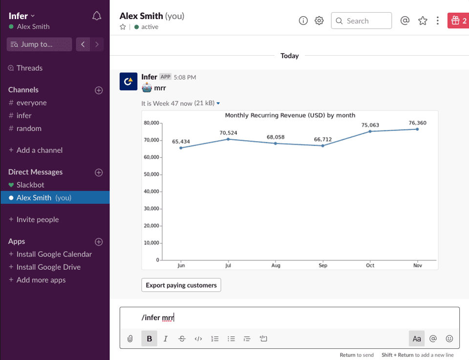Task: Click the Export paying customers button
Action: pyautogui.click(x=181, y=285)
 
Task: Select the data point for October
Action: pyautogui.click(x=370, y=131)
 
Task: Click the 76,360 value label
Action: pyautogui.click(x=417, y=123)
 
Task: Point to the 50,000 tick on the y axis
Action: pyautogui.click(x=151, y=174)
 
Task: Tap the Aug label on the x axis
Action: pyautogui.click(x=276, y=266)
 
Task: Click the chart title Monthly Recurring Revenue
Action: pyautogui.click(x=290, y=115)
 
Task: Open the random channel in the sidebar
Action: pyautogui.click(x=29, y=128)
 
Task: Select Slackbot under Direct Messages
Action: pyautogui.click(x=30, y=185)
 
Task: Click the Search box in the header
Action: pyautogui.click(x=362, y=21)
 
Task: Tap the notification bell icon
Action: pyautogui.click(x=97, y=16)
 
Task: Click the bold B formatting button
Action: pyautogui.click(x=149, y=339)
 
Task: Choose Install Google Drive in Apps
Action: pyautogui.click(x=48, y=267)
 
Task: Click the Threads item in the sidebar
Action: pyautogui.click(x=29, y=68)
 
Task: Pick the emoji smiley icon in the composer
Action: pyautogui.click(x=449, y=339)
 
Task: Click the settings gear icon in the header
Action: pyautogui.click(x=319, y=21)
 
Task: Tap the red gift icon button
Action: pyautogui.click(x=458, y=21)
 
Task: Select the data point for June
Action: pyautogui.click(x=181, y=148)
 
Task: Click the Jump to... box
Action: pyautogui.click(x=39, y=44)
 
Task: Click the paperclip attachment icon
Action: pyautogui.click(x=130, y=339)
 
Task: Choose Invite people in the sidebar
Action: pyautogui.click(x=38, y=220)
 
